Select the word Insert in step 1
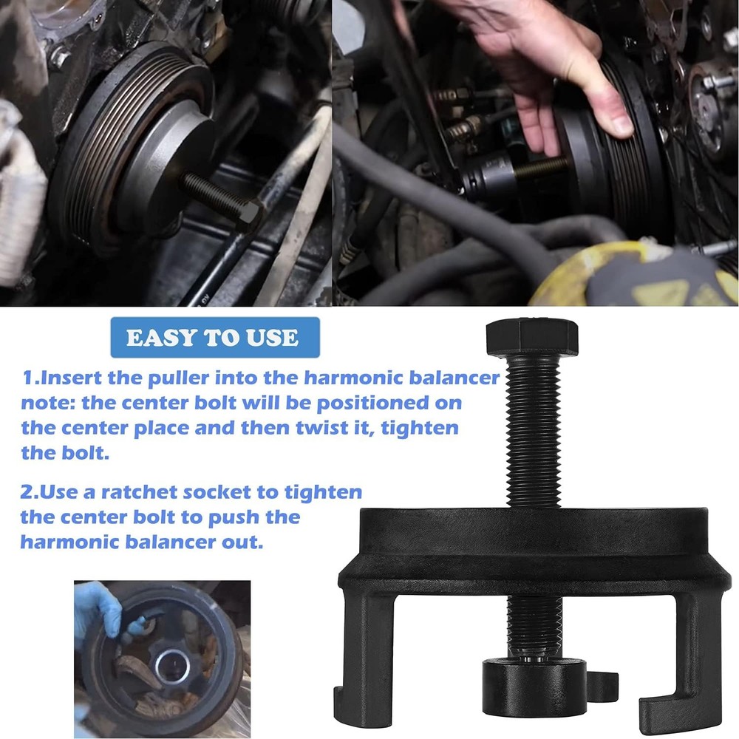tap(71, 378)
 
